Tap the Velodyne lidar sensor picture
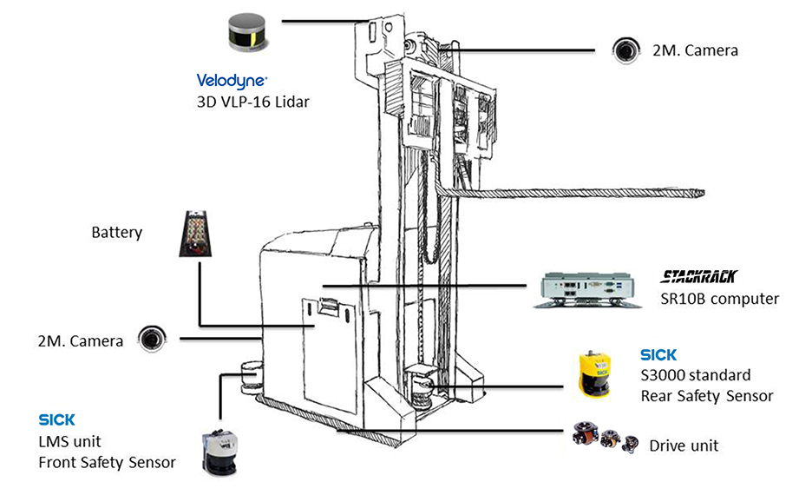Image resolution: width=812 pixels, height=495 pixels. point(246,34)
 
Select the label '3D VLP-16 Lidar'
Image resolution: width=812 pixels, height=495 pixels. point(252,102)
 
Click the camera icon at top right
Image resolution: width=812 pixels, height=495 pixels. point(625,50)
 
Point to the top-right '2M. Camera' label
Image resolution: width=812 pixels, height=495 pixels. point(694,50)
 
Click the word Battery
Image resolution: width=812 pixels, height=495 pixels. point(116,233)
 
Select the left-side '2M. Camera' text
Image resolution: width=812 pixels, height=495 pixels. point(81,340)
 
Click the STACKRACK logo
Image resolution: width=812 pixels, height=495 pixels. point(698,277)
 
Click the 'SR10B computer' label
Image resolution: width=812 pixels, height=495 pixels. point(719,299)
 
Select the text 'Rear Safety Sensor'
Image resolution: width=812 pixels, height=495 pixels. point(706,396)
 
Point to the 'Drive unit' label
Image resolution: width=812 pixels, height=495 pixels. point(684,445)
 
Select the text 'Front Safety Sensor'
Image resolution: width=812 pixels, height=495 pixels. point(107,462)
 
